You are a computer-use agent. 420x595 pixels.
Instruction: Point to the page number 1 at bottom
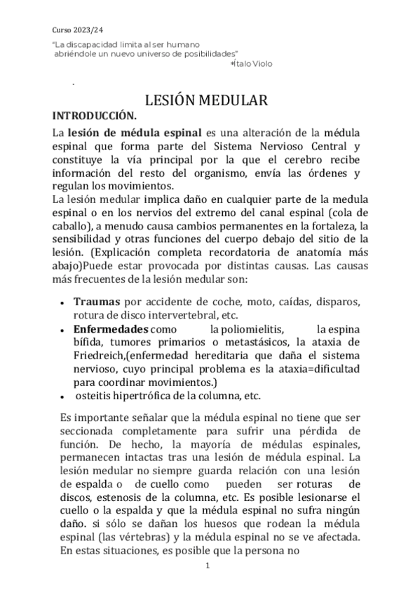(208, 565)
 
